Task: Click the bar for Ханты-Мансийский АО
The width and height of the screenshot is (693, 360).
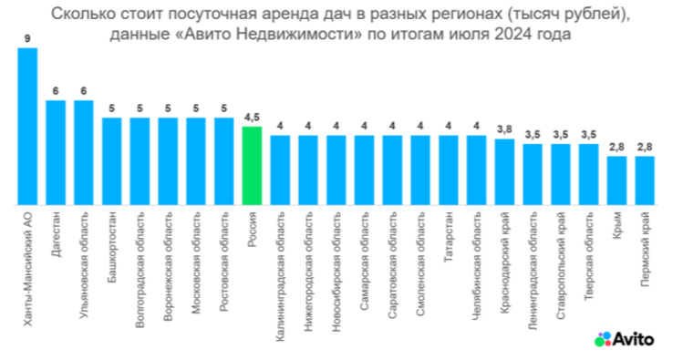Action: tap(28, 127)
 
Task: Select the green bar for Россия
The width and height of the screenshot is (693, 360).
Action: tap(253, 166)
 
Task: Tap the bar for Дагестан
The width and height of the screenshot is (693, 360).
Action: tap(57, 153)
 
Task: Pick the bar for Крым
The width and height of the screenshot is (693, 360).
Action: tap(616, 180)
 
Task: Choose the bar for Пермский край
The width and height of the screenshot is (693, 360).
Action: tap(645, 180)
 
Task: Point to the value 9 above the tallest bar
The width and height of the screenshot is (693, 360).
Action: tap(28, 39)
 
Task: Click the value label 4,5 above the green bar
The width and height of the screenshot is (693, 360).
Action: tap(253, 118)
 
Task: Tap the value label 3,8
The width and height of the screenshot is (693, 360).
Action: tap(504, 128)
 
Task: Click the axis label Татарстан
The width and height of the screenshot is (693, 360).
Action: tap(449, 239)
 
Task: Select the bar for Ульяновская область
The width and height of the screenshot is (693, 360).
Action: tap(84, 153)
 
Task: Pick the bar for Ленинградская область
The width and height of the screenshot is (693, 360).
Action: tap(533, 174)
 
